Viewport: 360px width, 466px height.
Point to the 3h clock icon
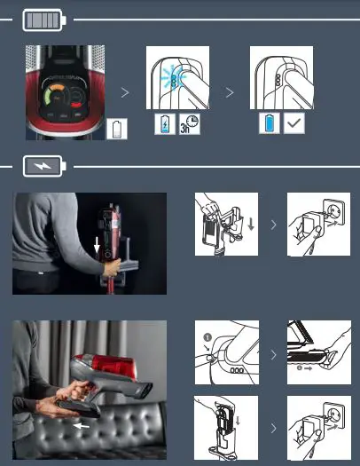coord(189,123)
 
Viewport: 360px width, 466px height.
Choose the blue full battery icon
coord(270,123)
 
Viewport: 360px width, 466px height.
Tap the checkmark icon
coord(294,123)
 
